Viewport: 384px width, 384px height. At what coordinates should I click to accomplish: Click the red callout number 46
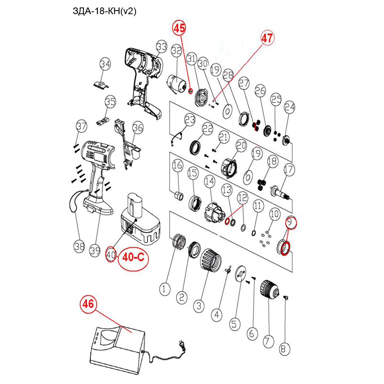pyautogui.click(x=89, y=304)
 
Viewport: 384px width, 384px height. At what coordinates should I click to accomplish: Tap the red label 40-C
pyautogui.click(x=134, y=257)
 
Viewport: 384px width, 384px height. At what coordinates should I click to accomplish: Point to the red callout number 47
pyautogui.click(x=267, y=38)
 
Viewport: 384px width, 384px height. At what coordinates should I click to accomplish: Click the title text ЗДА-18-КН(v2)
pyautogui.click(x=104, y=11)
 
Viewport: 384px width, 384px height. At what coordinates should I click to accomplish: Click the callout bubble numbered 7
pyautogui.click(x=268, y=340)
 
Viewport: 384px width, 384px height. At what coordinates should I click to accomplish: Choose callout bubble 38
pyautogui.click(x=80, y=246)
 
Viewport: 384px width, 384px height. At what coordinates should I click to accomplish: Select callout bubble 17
pyautogui.click(x=289, y=169)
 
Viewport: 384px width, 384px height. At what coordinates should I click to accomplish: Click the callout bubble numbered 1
pyautogui.click(x=165, y=290)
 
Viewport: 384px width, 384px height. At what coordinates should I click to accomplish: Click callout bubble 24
pyautogui.click(x=289, y=107)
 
